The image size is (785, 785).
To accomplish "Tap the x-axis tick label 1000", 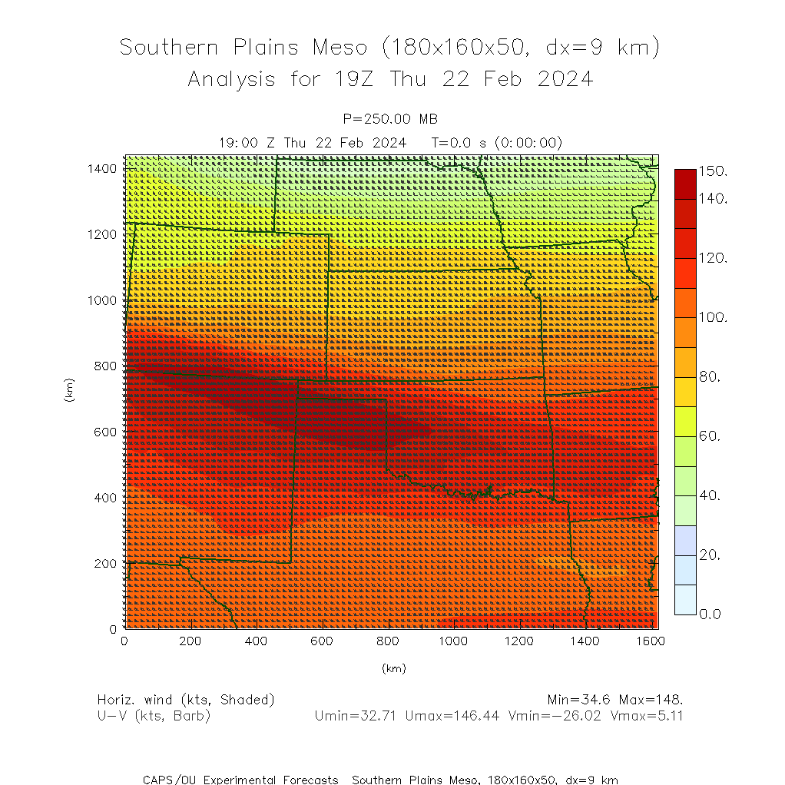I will point(453,641).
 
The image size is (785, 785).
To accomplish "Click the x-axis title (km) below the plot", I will point(393,668).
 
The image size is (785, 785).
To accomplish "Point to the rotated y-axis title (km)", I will point(70,392).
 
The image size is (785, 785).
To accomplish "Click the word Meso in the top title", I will point(340,48).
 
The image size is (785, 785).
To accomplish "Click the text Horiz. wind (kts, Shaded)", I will point(186,700).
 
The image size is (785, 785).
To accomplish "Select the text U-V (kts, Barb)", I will point(154,716).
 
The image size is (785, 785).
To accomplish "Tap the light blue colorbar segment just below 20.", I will point(685,570).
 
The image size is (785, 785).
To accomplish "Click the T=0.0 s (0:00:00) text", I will point(496,142).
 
